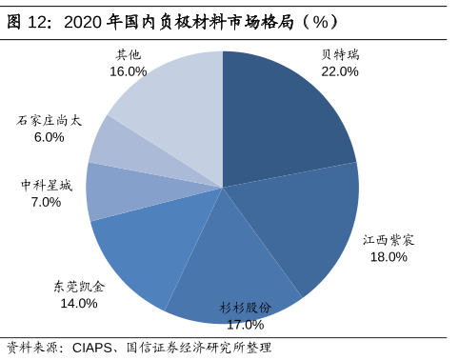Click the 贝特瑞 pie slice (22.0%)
point(281,119)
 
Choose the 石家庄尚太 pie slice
point(119,148)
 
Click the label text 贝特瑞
point(340,55)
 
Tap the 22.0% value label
point(340,71)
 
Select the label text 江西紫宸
point(389,240)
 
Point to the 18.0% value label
point(389,256)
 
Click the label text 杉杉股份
point(245,308)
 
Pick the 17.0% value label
point(245,324)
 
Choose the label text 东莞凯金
point(79,287)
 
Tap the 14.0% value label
point(79,303)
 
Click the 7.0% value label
point(46,202)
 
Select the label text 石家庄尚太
point(49,121)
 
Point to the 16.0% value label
point(128,71)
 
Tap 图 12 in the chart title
point(27,21)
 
